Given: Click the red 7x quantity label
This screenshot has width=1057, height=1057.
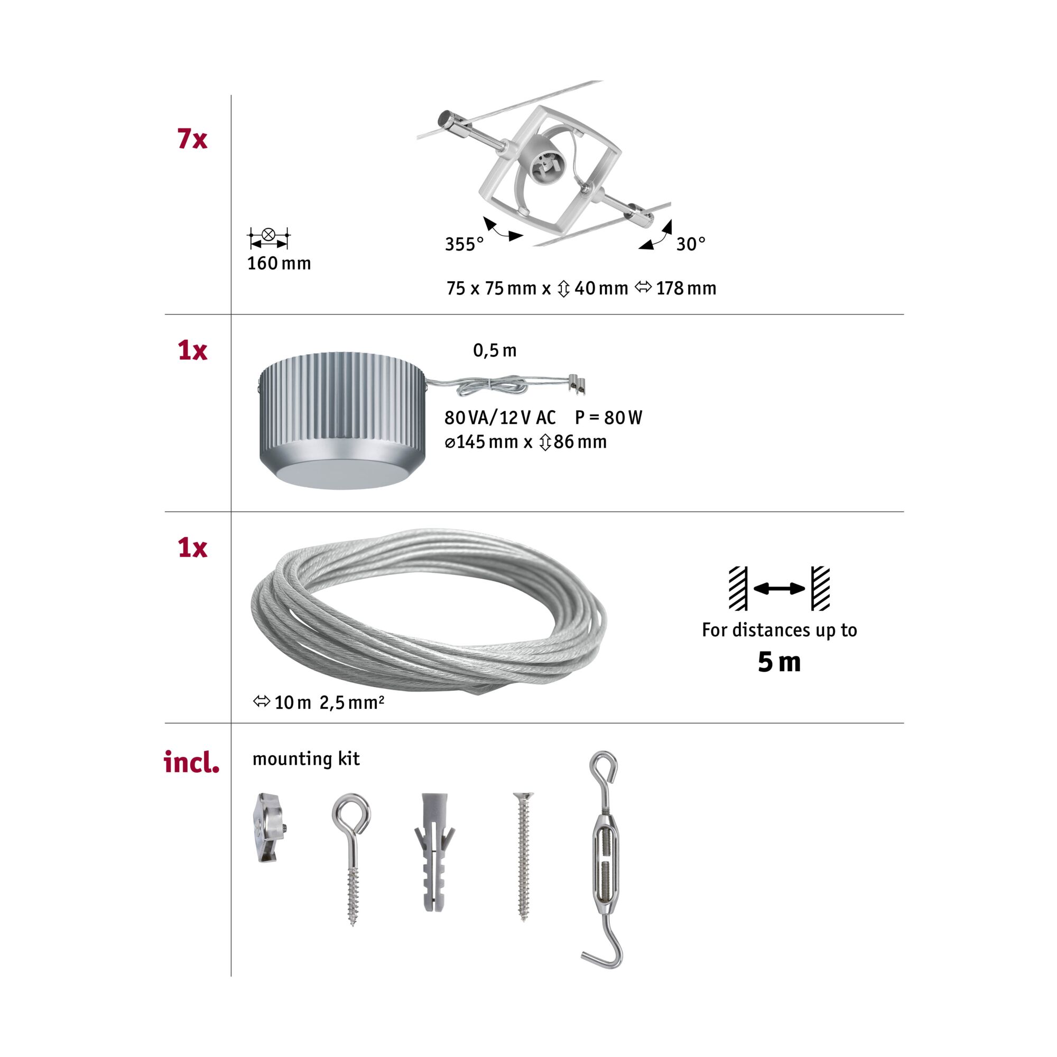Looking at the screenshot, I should coord(192,140).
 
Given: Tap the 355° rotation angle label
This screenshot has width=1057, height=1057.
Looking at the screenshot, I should coord(464,244).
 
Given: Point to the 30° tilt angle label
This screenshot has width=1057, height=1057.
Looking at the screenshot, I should coord(690,244).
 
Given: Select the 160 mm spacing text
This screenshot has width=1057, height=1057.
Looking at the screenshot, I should coord(279,264).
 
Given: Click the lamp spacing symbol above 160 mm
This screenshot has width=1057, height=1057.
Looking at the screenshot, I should coord(268,237).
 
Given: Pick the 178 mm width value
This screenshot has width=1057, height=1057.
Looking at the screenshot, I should coord(686,289).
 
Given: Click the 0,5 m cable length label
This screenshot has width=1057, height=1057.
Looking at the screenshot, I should coord(495,351).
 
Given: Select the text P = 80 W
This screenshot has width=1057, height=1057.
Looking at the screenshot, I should coord(608,418).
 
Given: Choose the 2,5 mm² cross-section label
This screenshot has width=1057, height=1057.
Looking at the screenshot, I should coord(352,702).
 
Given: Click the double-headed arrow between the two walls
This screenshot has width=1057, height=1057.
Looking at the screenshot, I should coord(779,589).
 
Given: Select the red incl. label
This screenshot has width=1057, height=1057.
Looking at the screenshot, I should coord(192,762).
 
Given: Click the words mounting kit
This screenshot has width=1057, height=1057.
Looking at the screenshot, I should coord(306,759).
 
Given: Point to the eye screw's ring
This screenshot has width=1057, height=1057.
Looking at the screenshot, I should coord(351,811).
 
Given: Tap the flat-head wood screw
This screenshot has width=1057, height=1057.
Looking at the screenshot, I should coord(524,856).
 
